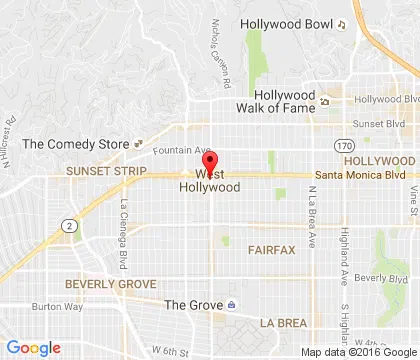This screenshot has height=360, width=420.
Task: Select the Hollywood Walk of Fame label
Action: click(x=275, y=100)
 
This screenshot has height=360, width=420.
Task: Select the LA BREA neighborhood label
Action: click(x=281, y=325)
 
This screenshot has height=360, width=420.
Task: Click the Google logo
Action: click(x=33, y=347)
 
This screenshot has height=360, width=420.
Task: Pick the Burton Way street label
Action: click(x=49, y=307)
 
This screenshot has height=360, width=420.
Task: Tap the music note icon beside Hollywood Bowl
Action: click(x=342, y=25)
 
